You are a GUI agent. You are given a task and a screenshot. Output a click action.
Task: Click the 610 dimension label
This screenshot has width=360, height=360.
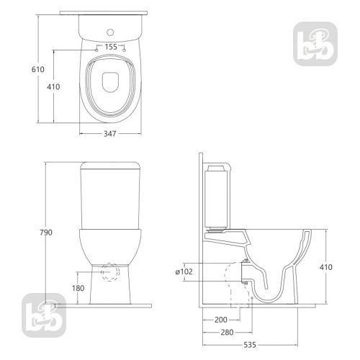tap(38, 69)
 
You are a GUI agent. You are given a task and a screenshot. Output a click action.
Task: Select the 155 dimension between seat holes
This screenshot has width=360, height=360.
tap(111, 47)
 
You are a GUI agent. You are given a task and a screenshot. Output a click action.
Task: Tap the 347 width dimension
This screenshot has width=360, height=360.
tap(110, 134)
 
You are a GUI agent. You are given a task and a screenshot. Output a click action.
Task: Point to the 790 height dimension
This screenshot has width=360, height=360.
tap(46, 233)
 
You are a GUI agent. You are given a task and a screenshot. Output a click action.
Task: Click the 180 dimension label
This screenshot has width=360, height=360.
tap(78, 288)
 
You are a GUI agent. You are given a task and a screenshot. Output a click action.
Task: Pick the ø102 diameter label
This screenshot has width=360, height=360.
tap(184, 271)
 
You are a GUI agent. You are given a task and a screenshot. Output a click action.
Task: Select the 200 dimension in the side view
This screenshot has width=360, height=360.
tap(221, 320)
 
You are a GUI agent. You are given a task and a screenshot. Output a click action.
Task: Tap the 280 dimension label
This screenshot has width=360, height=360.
tap(227, 333)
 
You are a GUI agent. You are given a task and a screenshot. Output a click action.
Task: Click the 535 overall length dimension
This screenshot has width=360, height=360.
tap(250, 345)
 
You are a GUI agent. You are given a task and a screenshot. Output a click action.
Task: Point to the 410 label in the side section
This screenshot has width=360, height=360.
tap(326, 267)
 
